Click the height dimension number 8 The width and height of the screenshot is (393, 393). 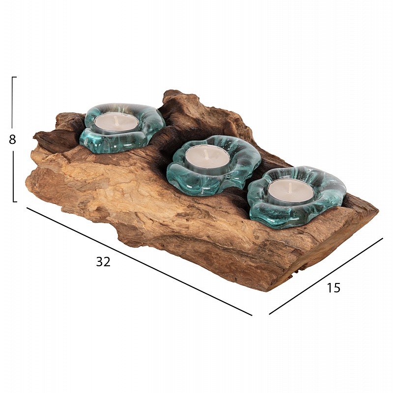tap(12, 140)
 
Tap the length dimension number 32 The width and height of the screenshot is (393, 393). tap(103, 262)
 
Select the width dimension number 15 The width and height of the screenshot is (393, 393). tap(334, 288)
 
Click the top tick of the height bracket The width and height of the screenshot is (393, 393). tap(14, 77)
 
